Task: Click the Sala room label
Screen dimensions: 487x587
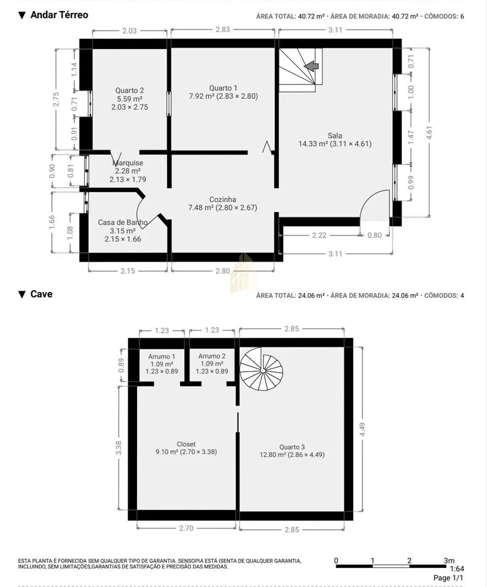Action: tap(335, 135)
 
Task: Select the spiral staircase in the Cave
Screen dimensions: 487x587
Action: tap(261, 369)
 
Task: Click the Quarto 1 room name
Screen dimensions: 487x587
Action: tap(223, 88)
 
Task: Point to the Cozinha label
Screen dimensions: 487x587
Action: tap(222, 199)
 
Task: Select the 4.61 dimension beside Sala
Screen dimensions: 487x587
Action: tap(429, 133)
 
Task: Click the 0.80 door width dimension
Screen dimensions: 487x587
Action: tap(374, 235)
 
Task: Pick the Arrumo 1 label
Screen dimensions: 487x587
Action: tap(162, 357)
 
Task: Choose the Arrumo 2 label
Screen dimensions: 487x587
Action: tap(212, 356)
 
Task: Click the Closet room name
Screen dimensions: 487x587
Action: tap(186, 444)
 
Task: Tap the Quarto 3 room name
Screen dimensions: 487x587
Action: tap(292, 447)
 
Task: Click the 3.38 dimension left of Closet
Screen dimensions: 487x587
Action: tap(118, 448)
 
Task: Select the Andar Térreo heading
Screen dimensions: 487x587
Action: tap(59, 15)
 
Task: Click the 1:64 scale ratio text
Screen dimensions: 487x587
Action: tap(457, 569)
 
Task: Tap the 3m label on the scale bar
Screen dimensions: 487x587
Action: tap(449, 560)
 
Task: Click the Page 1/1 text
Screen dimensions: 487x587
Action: tap(448, 578)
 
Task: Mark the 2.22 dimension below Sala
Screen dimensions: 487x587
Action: tap(319, 235)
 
